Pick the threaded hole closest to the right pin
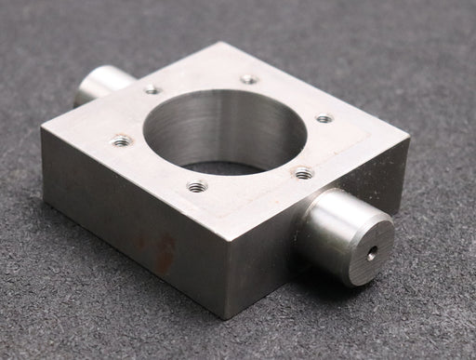[303, 172]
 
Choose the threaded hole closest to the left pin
[152, 90]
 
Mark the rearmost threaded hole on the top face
[249, 79]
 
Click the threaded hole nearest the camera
[196, 186]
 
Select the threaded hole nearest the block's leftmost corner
[121, 141]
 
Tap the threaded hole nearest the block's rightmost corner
[324, 118]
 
